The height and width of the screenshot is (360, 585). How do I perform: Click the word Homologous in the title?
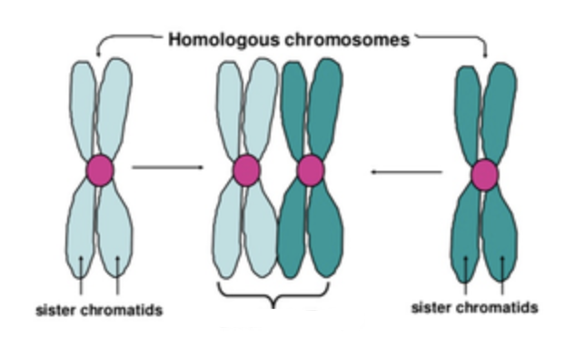(212, 39)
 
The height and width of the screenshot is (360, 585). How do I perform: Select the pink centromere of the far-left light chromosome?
(100, 170)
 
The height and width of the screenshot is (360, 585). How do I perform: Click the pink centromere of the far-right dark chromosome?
(484, 175)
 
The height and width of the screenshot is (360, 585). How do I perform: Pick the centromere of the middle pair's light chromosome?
(246, 170)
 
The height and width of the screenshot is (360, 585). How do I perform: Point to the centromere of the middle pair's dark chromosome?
(311, 170)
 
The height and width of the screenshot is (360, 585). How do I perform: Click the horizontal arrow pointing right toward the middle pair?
(168, 167)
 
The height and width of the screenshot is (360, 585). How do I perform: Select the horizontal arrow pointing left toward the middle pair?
(406, 170)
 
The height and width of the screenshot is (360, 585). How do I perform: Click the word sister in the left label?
(55, 311)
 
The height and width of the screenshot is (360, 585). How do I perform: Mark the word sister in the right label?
(431, 307)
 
